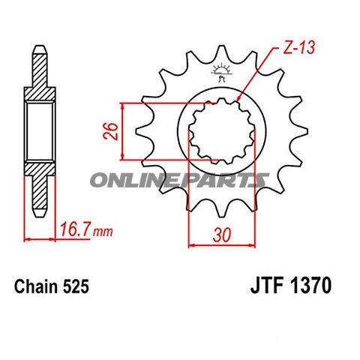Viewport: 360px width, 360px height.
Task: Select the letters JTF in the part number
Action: pos(262,286)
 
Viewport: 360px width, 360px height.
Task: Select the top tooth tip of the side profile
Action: pos(41,49)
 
